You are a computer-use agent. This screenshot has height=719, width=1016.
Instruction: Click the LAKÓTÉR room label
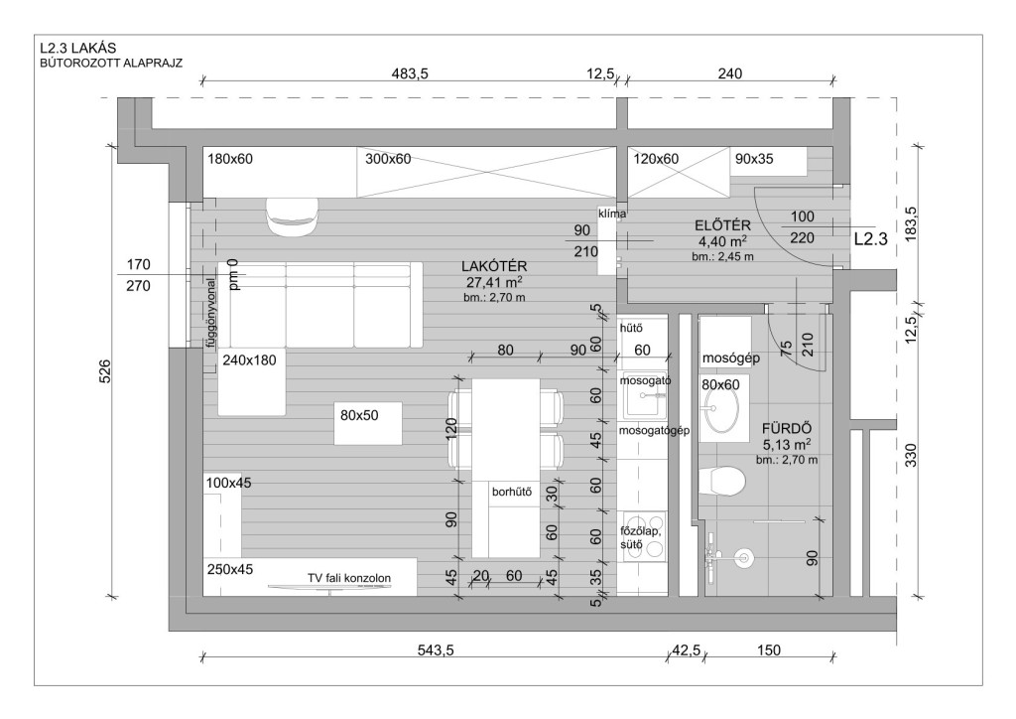(x=494, y=266)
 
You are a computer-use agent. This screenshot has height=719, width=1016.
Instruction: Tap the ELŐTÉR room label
(x=722, y=225)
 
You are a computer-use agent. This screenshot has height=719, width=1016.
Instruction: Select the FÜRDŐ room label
(x=787, y=429)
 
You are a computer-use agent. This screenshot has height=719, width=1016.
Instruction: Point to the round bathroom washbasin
(x=722, y=410)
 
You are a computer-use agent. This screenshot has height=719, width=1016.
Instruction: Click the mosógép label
(x=731, y=358)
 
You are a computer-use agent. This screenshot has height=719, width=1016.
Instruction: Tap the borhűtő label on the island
(x=512, y=492)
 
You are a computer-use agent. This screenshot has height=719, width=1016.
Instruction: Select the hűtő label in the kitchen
(x=631, y=328)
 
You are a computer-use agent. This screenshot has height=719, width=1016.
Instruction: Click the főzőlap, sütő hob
(x=643, y=537)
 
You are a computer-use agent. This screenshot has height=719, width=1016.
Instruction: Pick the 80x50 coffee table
(x=368, y=423)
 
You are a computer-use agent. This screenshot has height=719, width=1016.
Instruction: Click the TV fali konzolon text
(x=349, y=578)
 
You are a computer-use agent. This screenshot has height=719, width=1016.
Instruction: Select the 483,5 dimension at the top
(x=410, y=73)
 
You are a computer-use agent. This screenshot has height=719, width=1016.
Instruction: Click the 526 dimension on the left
(x=104, y=371)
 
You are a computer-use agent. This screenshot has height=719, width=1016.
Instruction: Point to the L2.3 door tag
(x=871, y=238)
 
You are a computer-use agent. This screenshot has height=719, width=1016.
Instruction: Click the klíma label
(x=612, y=213)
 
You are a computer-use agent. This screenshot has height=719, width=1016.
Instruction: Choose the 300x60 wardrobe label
(x=388, y=159)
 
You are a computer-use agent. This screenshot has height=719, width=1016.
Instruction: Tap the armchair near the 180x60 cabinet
(x=293, y=216)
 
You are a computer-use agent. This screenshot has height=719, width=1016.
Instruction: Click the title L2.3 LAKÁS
(x=77, y=48)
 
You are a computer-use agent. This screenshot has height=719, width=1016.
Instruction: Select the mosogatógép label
(x=655, y=430)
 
